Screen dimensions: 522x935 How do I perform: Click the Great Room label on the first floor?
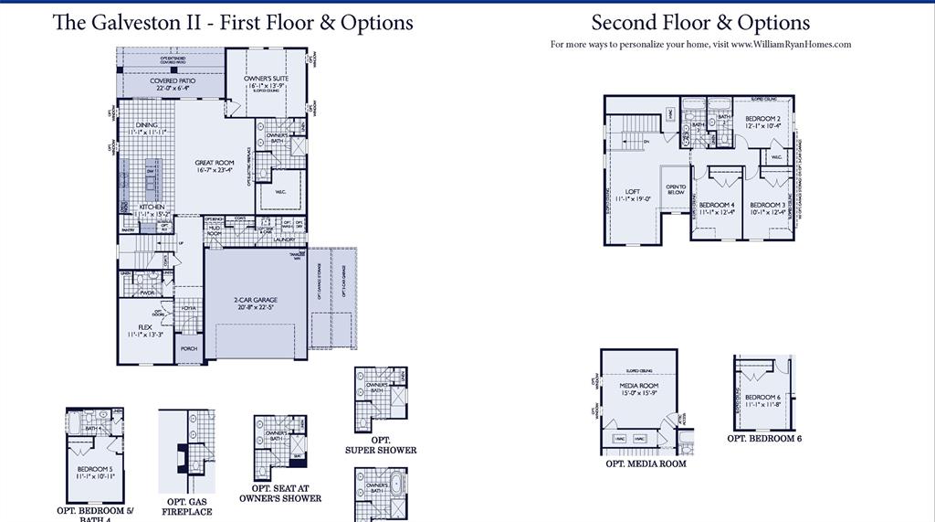[215, 164]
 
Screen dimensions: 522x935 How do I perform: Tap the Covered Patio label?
[173, 81]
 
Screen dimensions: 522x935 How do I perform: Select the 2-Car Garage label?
[255, 300]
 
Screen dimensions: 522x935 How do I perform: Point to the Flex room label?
[145, 326]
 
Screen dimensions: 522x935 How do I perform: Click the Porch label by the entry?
[189, 348]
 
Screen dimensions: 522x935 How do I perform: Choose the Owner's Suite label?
[267, 80]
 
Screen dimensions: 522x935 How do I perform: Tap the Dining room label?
[146, 125]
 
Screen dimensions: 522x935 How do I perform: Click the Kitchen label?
[152, 208]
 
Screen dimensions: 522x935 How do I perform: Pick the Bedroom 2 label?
[762, 119]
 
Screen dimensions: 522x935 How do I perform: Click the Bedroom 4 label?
[716, 205]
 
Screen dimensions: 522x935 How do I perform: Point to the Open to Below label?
[676, 189]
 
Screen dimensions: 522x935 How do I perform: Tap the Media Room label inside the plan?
[639, 386]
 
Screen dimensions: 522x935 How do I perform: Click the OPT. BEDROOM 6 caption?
[764, 439]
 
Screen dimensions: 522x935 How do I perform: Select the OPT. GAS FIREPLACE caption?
[189, 506]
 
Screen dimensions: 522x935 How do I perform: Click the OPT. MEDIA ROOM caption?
[646, 463]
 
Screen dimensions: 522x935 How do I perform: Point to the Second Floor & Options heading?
[700, 22]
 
